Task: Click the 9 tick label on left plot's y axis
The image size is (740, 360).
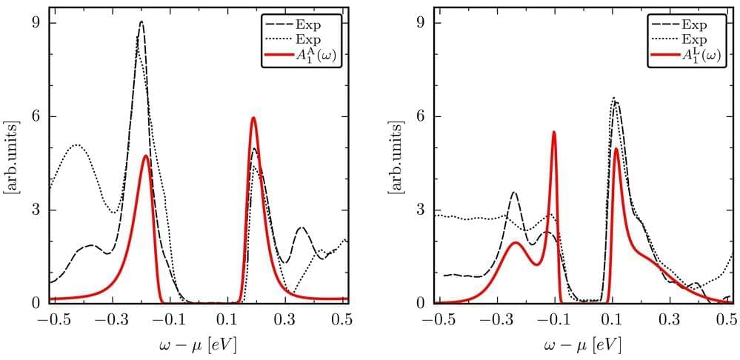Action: [34, 23]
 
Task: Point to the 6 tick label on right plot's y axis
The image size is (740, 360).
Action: [420, 116]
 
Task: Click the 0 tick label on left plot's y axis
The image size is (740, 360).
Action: [34, 303]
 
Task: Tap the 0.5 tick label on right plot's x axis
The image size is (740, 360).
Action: [727, 320]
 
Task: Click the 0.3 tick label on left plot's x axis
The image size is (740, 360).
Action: [285, 320]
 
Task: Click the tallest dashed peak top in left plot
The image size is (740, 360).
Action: [141, 22]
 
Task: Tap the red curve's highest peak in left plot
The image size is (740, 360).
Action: [253, 118]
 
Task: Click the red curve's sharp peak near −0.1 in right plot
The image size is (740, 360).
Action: [553, 132]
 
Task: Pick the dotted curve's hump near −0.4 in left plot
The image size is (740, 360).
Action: [77, 145]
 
